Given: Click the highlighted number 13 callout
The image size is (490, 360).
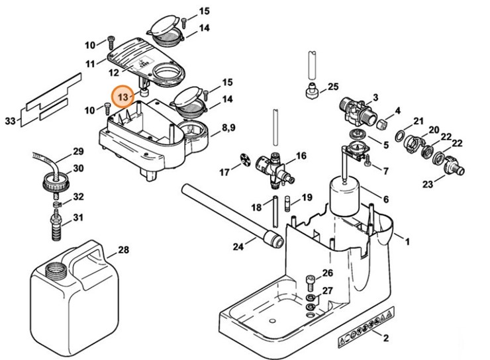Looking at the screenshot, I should (123, 97).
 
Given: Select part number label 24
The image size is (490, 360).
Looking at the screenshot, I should (238, 247).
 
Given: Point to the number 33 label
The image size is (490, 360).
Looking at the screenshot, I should (9, 121).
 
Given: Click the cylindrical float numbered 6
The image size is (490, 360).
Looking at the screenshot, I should (345, 195).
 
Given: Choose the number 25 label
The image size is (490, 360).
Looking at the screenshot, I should (332, 87).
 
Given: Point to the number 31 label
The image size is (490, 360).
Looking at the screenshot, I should (78, 218).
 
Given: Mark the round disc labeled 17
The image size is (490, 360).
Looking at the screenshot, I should (245, 161).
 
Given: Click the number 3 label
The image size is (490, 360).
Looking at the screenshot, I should (375, 97).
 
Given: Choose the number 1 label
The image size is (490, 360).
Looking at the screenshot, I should (408, 242).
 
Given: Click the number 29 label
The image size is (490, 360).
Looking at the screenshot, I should (78, 152).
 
